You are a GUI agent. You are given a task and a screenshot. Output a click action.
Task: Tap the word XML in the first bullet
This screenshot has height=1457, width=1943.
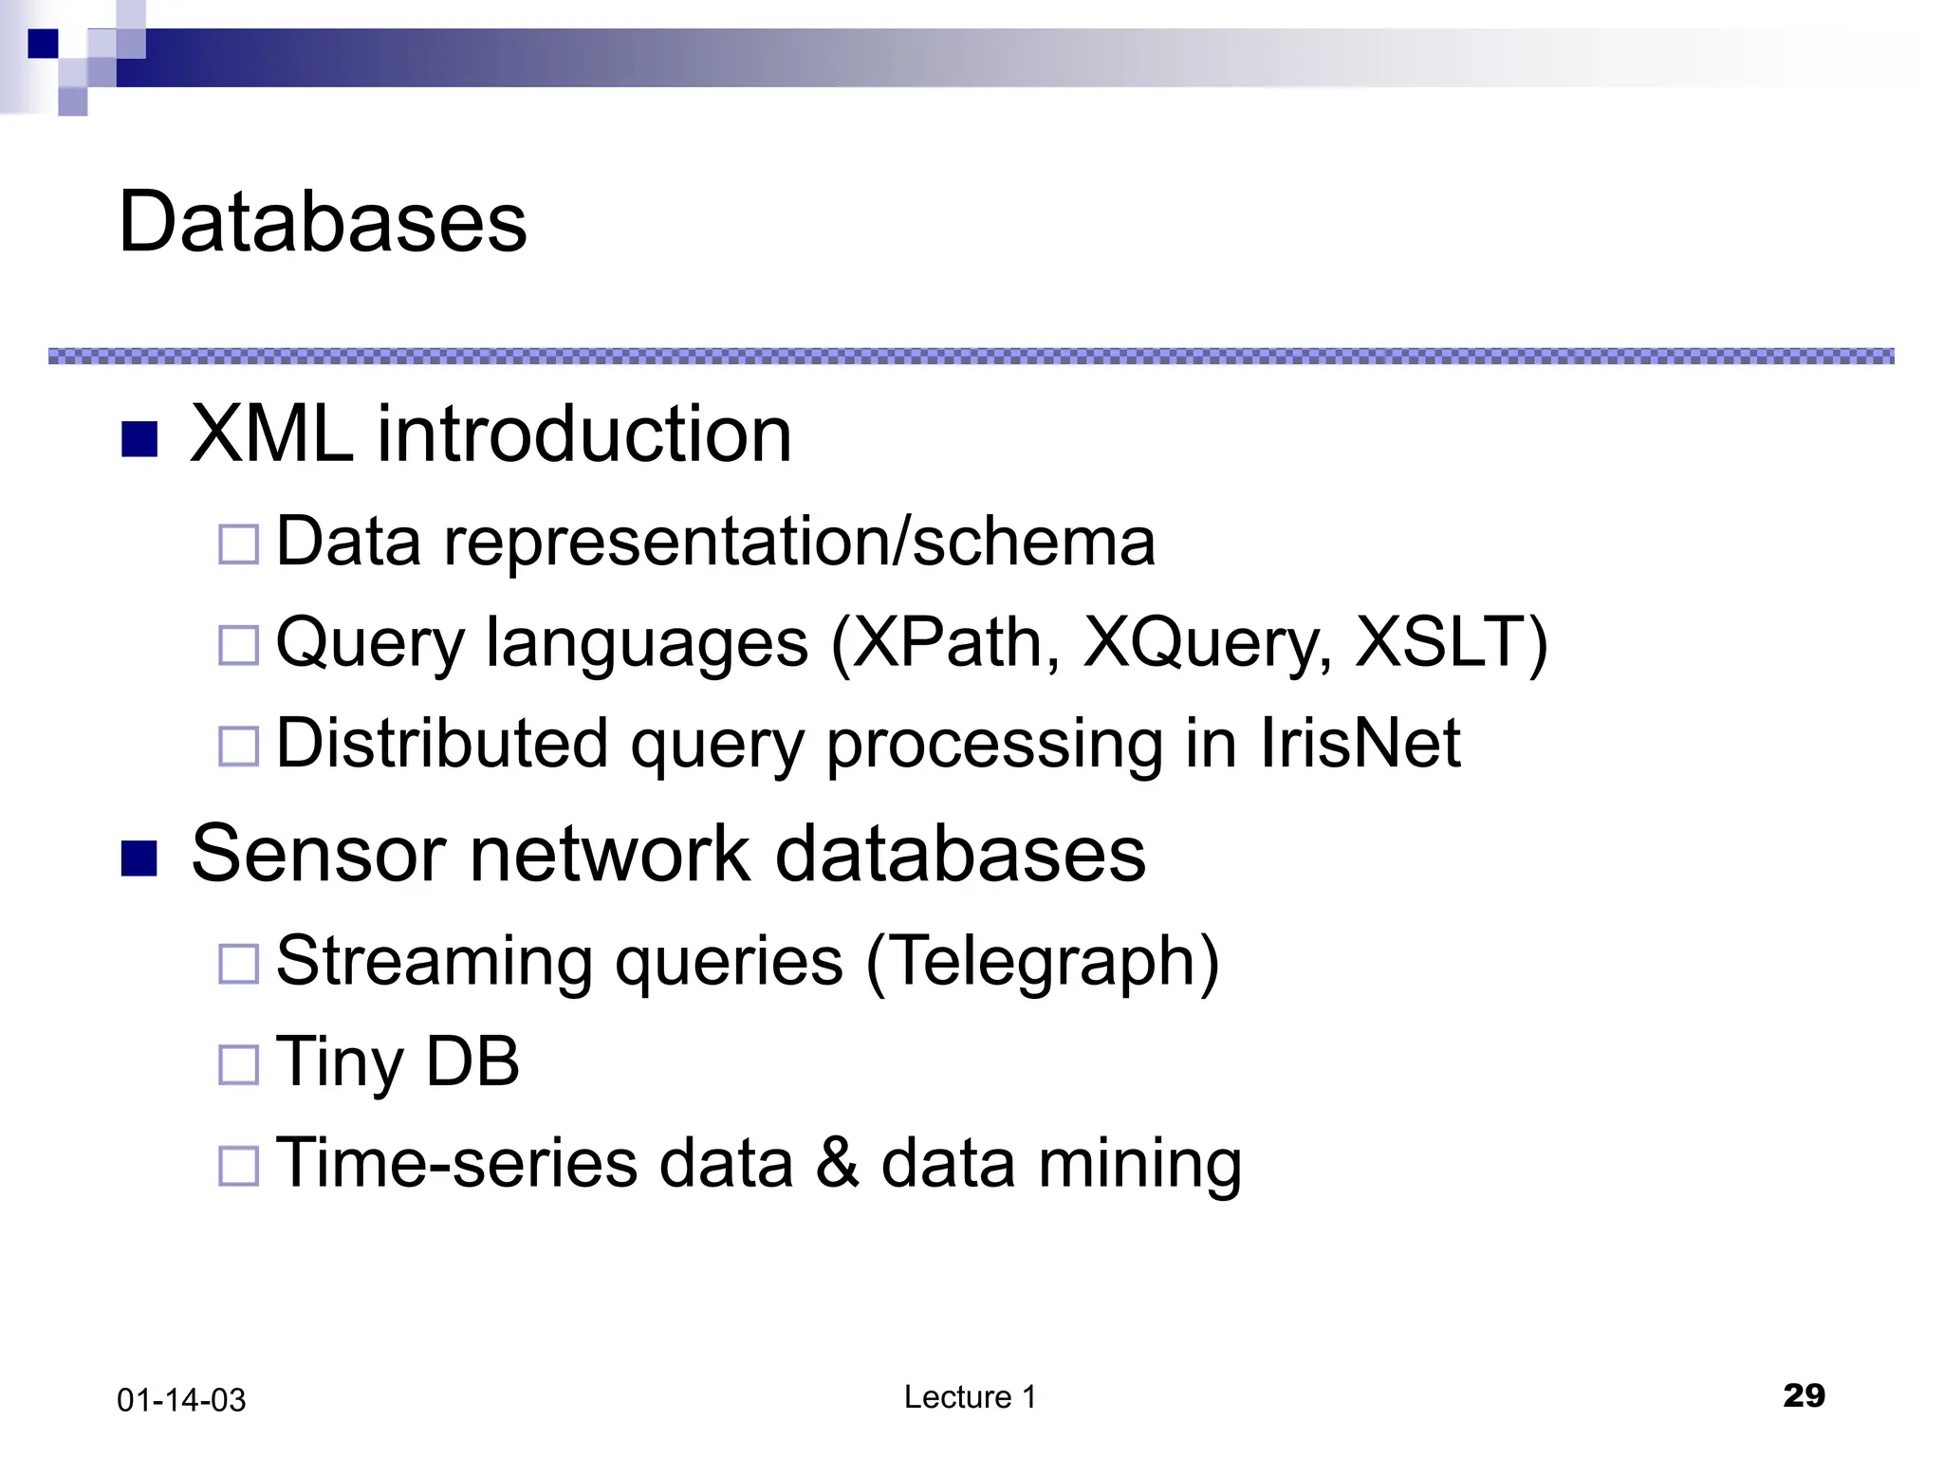coord(271,434)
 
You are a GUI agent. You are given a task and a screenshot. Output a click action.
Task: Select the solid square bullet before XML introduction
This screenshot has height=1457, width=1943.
coord(139,439)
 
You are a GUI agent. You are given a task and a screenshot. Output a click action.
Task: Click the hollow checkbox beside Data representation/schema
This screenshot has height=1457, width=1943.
coord(238,544)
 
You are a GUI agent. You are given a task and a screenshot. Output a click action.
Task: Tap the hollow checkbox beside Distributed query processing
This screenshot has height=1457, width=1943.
coord(238,747)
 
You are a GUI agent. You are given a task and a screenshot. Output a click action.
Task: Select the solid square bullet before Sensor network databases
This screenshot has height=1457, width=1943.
coord(139,858)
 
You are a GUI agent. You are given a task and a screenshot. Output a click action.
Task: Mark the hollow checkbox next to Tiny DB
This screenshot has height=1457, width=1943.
coord(238,1064)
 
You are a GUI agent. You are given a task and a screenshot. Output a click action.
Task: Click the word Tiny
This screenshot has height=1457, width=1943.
coord(339,1062)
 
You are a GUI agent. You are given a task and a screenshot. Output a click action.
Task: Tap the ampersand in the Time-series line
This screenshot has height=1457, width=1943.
coord(837,1164)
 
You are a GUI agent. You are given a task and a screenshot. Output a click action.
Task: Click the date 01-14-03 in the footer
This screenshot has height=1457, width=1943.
coord(181,1400)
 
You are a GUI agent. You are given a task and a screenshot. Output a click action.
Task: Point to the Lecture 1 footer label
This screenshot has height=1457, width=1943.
coord(970,1397)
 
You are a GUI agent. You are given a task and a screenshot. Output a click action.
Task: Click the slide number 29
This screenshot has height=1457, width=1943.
coord(1804,1395)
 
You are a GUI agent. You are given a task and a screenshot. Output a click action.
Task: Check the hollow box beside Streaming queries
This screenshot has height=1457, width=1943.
coord(238,964)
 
